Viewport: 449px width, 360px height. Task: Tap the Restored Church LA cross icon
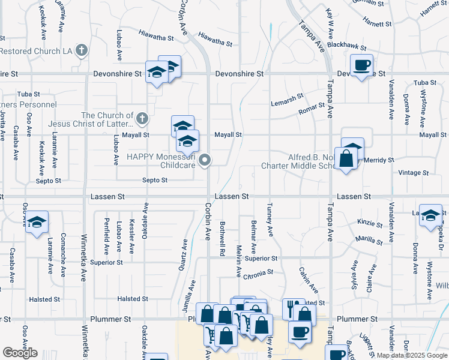tap(82, 51)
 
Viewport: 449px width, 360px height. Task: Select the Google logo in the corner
tap(20, 353)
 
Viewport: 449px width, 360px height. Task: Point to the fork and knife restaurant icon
tap(294, 308)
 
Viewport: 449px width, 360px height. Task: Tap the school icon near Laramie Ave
tap(37, 221)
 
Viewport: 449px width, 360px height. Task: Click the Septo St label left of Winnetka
tap(48, 181)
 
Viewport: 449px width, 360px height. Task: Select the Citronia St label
tap(258, 272)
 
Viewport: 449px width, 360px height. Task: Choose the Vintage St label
tap(414, 173)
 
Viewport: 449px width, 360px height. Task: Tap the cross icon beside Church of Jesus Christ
tap(142, 118)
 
